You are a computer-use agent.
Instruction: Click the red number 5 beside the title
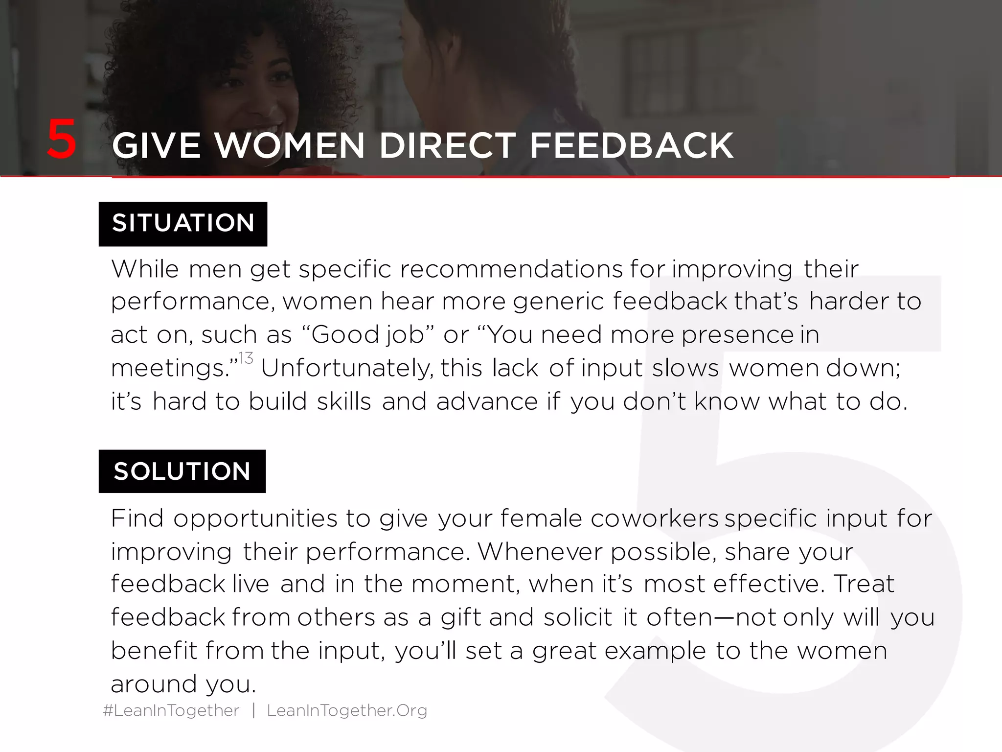click(x=62, y=141)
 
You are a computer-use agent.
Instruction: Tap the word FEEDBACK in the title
click(x=632, y=146)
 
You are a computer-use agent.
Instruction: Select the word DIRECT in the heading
click(x=447, y=146)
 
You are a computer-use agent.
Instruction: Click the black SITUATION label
click(x=183, y=223)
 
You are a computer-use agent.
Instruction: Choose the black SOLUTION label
click(x=182, y=471)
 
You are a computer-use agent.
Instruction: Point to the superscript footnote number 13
click(x=246, y=358)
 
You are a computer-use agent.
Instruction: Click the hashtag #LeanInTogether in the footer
click(x=171, y=710)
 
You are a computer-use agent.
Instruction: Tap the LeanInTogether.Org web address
click(x=347, y=710)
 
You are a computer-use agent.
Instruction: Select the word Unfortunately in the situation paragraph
click(x=347, y=368)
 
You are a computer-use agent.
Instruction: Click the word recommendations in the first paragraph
click(x=511, y=269)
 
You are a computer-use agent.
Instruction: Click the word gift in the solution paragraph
click(x=461, y=617)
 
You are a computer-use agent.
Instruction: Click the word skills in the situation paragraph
click(x=344, y=401)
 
